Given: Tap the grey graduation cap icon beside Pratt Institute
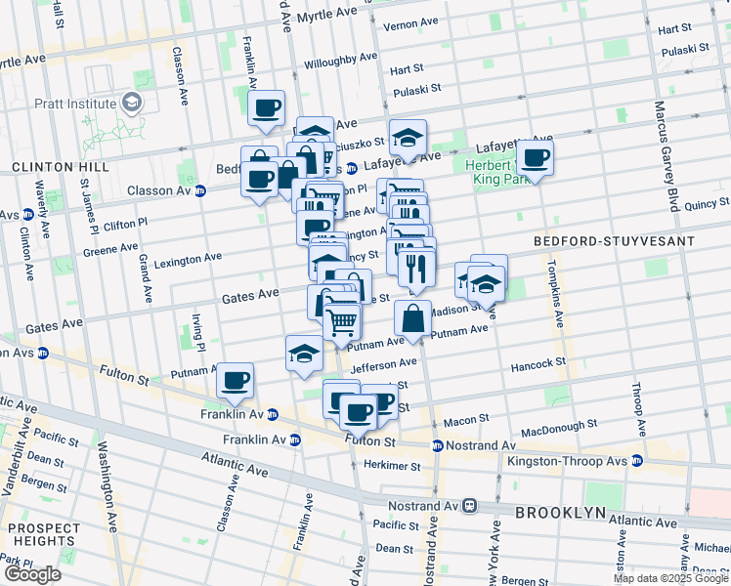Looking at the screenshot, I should point(130,103).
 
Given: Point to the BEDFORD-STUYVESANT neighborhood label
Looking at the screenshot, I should point(615,240).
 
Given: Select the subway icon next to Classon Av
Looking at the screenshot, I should point(200,190).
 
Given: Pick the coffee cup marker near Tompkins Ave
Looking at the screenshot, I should point(535,157).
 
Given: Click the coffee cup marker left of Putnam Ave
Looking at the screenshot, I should point(235,380).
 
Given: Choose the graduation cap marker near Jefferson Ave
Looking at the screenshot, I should point(304,354).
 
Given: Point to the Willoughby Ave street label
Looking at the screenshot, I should point(340,57).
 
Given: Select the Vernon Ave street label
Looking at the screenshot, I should point(411,24).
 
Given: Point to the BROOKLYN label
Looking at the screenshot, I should point(561,513).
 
